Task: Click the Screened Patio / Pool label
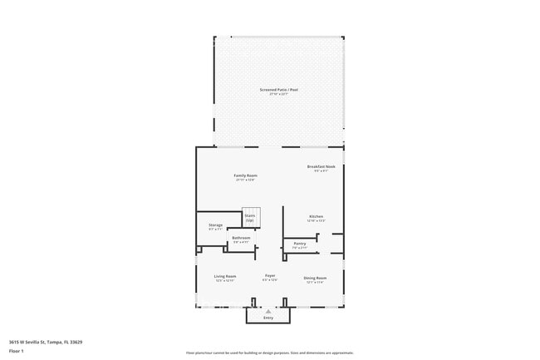tap(278, 90)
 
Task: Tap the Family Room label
tap(245, 175)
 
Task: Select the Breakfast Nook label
tap(321, 166)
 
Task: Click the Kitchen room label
tap(316, 216)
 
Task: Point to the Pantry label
tap(299, 244)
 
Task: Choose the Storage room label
tap(215, 225)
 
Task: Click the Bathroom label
tap(241, 238)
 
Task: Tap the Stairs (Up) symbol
tap(249, 217)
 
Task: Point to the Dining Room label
tap(315, 278)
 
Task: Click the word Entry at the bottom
tap(268, 318)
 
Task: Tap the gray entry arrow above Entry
tap(268, 310)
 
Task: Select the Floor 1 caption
tap(17, 350)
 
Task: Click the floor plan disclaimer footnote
tap(270, 353)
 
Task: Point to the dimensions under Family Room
tap(245, 180)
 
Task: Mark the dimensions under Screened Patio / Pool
tap(278, 94)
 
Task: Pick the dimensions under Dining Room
tap(315, 282)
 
